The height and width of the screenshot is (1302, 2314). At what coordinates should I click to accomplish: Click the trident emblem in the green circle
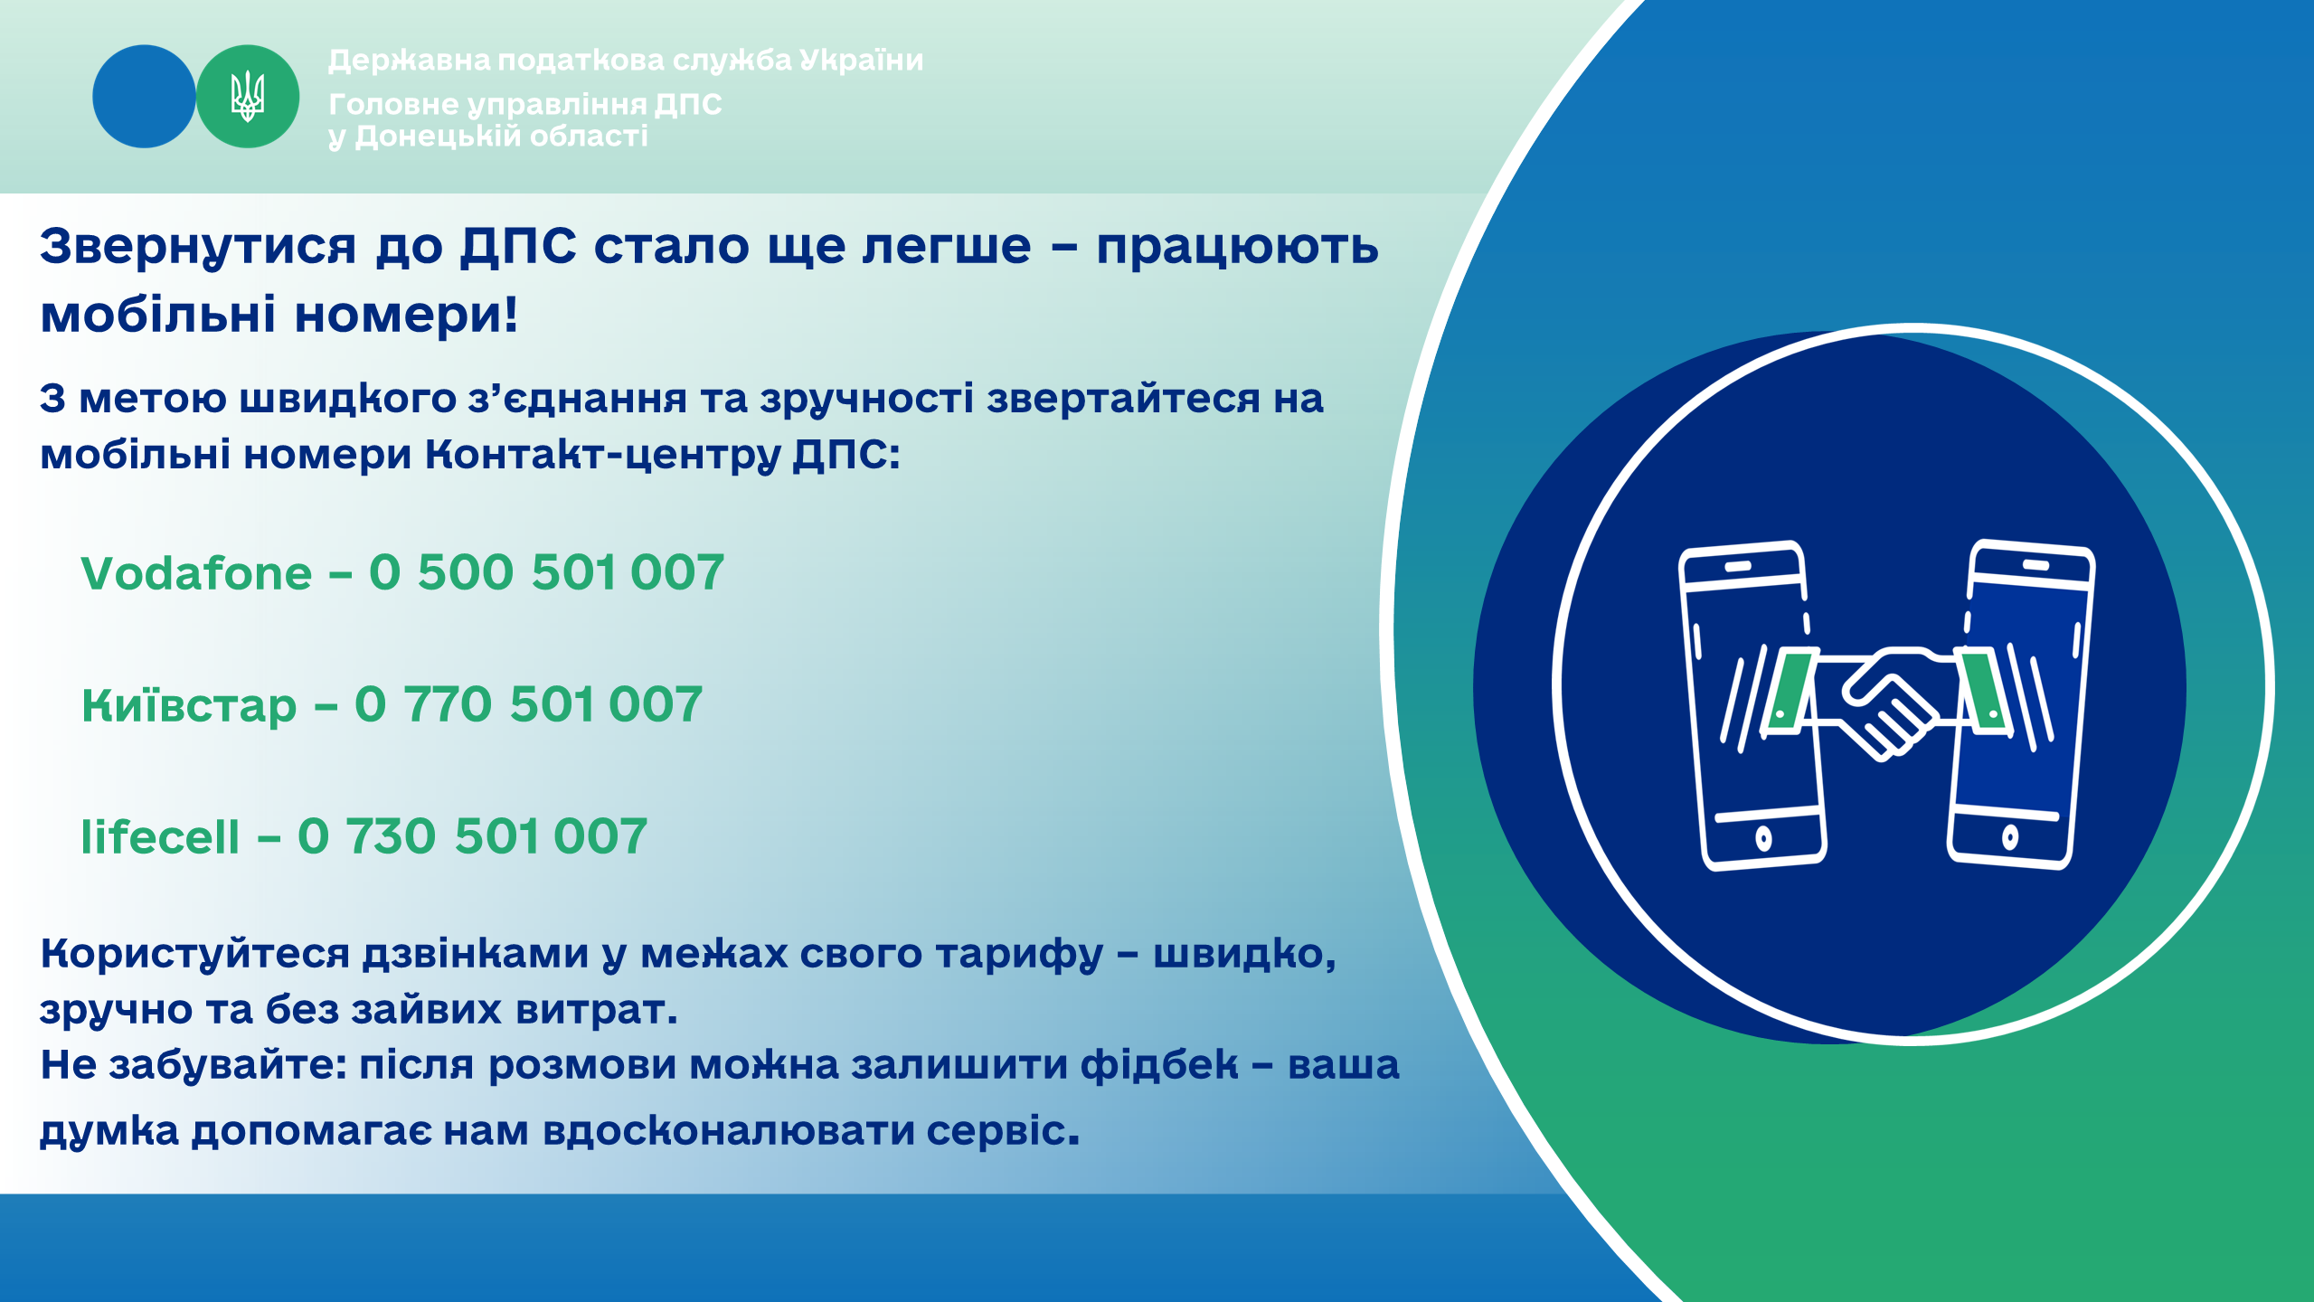pyautogui.click(x=247, y=97)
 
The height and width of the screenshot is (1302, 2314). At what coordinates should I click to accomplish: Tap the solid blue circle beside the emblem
pyautogui.click(x=144, y=97)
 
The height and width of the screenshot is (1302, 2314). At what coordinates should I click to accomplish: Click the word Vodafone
pyautogui.click(x=196, y=573)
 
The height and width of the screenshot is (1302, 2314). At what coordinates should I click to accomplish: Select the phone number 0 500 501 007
pyautogui.click(x=546, y=572)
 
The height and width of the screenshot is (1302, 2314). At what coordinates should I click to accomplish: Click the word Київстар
pyautogui.click(x=189, y=706)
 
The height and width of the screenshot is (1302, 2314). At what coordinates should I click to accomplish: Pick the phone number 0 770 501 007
pyautogui.click(x=528, y=704)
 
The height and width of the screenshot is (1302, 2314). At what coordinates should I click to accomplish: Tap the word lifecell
pyautogui.click(x=160, y=836)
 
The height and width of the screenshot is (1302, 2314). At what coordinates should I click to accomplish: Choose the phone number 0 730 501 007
pyautogui.click(x=472, y=836)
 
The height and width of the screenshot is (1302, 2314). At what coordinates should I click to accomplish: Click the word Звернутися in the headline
pyautogui.click(x=198, y=247)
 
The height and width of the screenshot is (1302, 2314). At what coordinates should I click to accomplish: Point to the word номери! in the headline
pyautogui.click(x=406, y=315)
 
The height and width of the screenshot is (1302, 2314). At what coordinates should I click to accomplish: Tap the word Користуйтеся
pyautogui.click(x=195, y=954)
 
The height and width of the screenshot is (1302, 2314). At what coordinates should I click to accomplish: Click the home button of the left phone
pyautogui.click(x=1763, y=838)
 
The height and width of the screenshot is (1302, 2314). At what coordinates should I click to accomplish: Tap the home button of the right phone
pyautogui.click(x=2009, y=836)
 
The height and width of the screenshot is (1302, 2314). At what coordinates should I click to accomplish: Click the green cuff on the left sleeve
pyautogui.click(x=1790, y=691)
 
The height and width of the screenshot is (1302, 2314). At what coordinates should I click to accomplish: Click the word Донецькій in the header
pyautogui.click(x=439, y=137)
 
